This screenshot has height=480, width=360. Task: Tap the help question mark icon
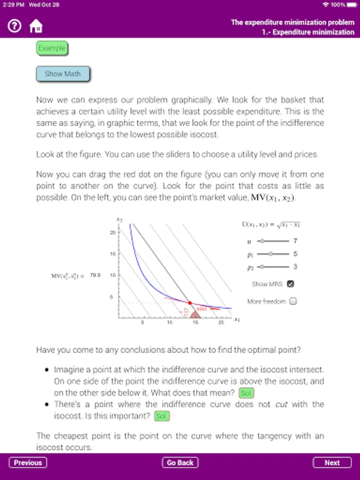tap(14, 25)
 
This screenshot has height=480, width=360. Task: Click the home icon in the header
tap(36, 26)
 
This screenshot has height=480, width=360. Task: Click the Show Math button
tap(63, 74)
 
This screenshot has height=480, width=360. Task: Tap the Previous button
tap(28, 462)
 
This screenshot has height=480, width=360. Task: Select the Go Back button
tap(180, 462)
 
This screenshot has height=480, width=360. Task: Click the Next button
tap(332, 462)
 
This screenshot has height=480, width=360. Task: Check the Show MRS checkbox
tap(291, 284)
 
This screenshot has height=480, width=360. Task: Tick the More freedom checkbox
tap(293, 301)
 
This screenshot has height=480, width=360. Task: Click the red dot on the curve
tap(190, 302)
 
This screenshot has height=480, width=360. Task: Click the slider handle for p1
tap(270, 254)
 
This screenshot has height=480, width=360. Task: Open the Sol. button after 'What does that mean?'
tap(246, 393)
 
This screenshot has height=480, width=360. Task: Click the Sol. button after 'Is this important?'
tap(162, 416)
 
